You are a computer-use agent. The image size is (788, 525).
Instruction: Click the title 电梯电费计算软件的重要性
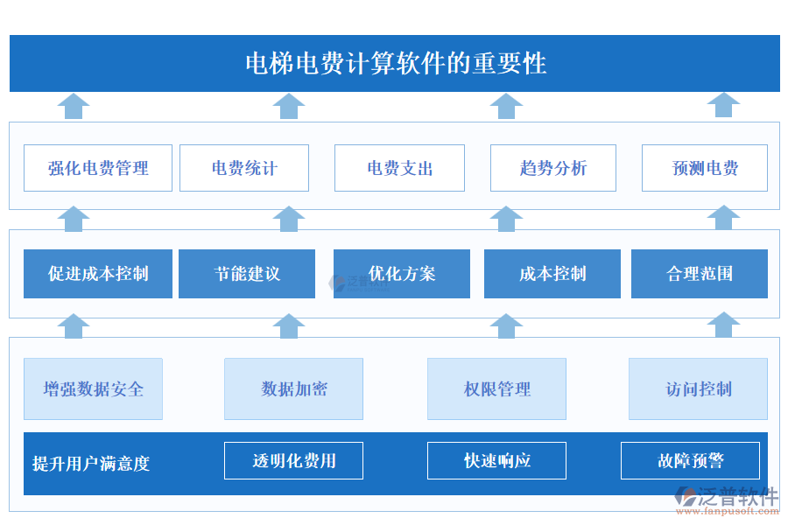pos(395,63)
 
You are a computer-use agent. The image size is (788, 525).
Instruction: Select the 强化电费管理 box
pos(98,168)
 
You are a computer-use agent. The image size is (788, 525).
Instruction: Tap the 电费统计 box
pos(244,168)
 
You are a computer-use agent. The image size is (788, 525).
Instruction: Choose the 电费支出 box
pos(400,168)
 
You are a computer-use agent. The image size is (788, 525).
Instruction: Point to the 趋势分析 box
pos(552,168)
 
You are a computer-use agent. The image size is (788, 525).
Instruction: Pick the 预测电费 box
pos(705,168)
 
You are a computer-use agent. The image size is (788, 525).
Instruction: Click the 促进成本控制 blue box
pos(98,274)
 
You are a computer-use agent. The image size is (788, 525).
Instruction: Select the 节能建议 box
pos(247,274)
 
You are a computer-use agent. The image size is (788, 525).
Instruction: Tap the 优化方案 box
pos(402,274)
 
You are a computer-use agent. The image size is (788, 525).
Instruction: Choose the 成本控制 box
pos(552,274)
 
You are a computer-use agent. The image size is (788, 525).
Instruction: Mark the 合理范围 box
pos(700,274)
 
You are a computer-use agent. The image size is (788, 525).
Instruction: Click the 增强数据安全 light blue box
pos(93,388)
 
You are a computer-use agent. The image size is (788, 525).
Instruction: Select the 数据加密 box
pos(293,388)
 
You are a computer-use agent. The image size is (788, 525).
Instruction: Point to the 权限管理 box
pos(496,388)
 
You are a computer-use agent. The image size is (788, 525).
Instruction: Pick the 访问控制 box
pos(698,388)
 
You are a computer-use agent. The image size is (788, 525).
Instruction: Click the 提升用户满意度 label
pos(91,464)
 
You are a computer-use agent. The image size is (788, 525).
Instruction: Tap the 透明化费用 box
pos(293,460)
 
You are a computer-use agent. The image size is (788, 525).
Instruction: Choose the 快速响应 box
pos(496,460)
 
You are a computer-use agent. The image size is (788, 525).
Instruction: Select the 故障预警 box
pos(690,460)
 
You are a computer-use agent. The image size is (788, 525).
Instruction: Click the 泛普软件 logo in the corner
pos(727,499)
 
